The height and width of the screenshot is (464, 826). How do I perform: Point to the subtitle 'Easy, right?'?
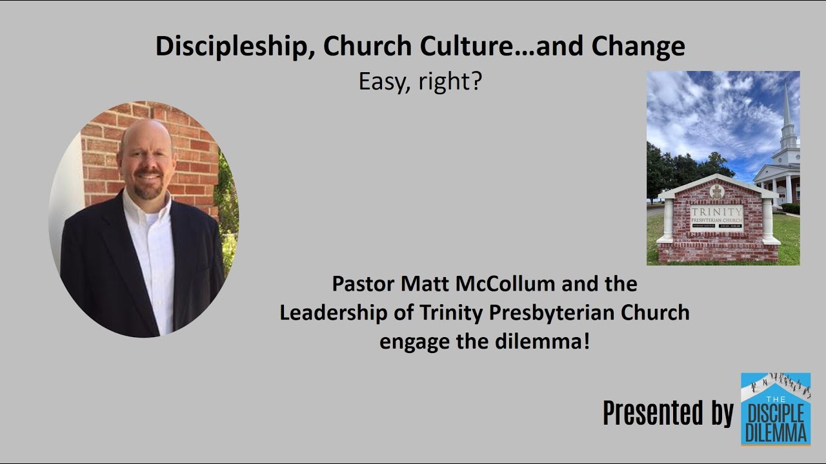tap(420, 82)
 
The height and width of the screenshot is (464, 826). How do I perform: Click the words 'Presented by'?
tap(668, 413)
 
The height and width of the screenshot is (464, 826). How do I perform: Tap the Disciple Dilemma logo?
tap(775, 409)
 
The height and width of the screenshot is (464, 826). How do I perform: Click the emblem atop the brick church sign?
tap(716, 191)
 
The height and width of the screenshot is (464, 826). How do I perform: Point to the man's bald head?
tap(145, 134)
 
